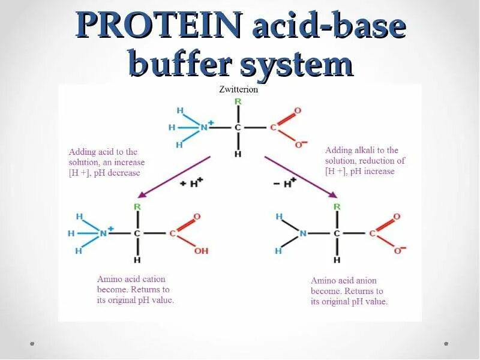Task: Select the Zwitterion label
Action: coord(239,89)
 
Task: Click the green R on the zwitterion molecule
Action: coord(238,101)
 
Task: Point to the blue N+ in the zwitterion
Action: coord(206,127)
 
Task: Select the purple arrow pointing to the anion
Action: coord(300,175)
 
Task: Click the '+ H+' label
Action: coord(191,184)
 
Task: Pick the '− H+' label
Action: coord(285,183)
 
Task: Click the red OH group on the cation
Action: coord(201,251)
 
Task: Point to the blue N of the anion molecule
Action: coord(303,233)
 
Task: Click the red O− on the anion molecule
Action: coord(398,250)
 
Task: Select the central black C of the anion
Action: coord(337,233)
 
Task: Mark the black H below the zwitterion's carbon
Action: coord(238,154)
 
